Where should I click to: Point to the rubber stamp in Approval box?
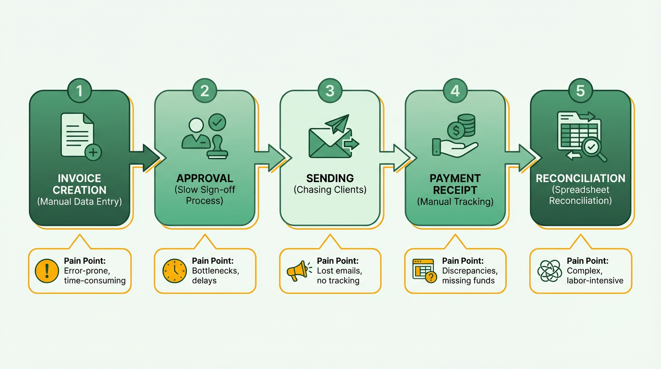[218, 147]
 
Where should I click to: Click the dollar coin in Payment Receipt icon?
[455, 130]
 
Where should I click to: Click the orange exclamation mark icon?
[47, 271]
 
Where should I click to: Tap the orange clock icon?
[174, 271]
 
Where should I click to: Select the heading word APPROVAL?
[205, 178]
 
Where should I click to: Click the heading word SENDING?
[330, 178]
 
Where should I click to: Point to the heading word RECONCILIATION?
[580, 178]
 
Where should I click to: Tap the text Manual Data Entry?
[79, 202]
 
